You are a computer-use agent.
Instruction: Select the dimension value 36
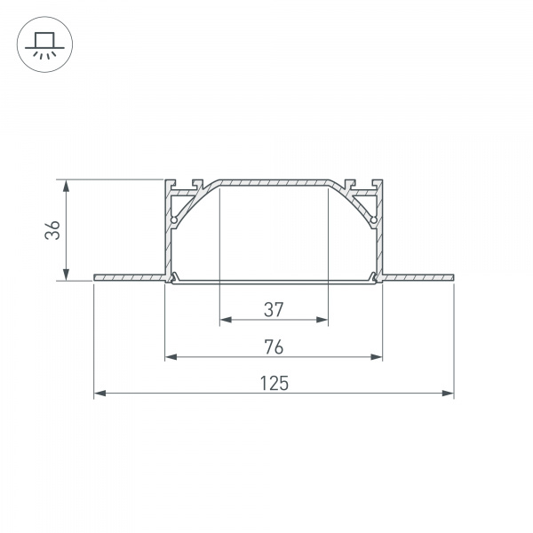[x=53, y=230]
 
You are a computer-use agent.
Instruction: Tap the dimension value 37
[x=273, y=309]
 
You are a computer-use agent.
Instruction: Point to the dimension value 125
[x=274, y=384]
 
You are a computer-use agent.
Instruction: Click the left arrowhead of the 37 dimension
[x=224, y=320]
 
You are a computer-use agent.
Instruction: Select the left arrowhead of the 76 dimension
[x=171, y=357]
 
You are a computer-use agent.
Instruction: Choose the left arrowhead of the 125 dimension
[x=99, y=393]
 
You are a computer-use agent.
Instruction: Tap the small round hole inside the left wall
[x=175, y=219]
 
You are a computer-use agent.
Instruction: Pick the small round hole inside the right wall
[x=373, y=219]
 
